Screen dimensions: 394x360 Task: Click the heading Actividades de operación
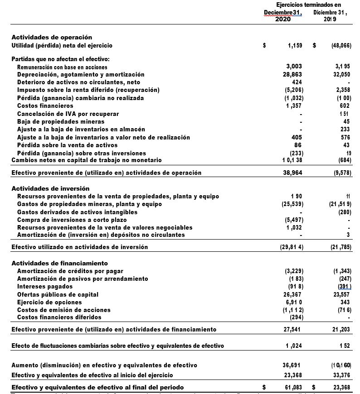(x=52, y=37)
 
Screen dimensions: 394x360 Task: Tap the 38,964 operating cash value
(x=292, y=173)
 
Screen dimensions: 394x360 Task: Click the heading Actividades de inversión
(x=50, y=188)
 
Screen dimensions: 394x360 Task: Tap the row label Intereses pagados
(x=44, y=287)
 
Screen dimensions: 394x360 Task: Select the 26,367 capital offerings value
(x=292, y=294)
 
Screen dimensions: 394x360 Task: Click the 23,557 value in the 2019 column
(x=341, y=294)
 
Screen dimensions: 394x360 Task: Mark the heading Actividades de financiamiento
(x=59, y=263)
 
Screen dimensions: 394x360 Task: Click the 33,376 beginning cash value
(x=341, y=375)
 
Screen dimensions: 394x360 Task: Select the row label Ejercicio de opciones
(x=49, y=302)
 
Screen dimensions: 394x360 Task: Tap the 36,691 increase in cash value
(x=292, y=365)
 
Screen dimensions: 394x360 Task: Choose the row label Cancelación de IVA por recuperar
(x=68, y=114)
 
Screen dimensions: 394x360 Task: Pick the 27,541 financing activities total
(x=292, y=329)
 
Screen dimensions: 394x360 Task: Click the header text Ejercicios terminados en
(x=308, y=5)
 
